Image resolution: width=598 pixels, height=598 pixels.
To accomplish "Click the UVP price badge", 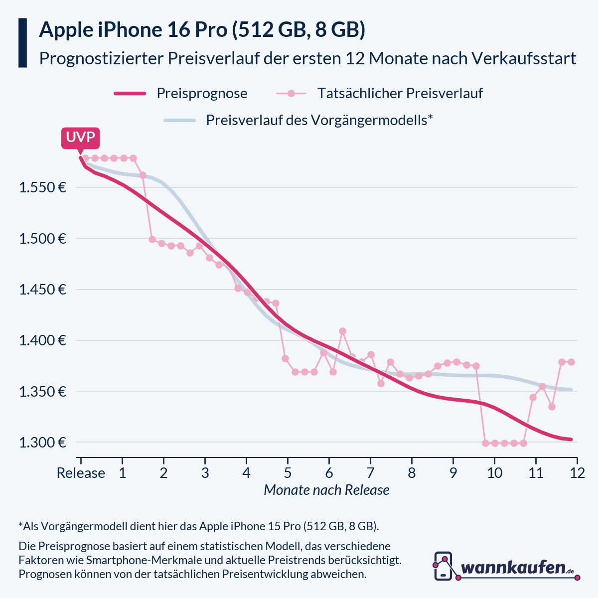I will pos(80,138).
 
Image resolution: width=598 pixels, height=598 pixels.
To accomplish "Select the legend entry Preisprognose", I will pos(202,93).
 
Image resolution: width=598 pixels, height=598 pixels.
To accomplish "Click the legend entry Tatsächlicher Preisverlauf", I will pos(400,93).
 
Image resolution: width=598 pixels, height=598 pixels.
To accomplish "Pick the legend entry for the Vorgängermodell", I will pos(319,120).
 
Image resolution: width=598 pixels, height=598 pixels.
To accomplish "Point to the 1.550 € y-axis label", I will pos(42,188).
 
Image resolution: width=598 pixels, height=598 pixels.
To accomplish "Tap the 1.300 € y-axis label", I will pos(42,443).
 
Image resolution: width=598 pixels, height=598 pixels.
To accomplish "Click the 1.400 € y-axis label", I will pos(42,341).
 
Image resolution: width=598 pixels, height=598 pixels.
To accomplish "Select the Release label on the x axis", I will pos(81,473).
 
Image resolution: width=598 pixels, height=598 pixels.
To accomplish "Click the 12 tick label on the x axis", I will pos(577,473).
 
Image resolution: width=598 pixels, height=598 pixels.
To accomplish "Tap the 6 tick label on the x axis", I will pos(329,473).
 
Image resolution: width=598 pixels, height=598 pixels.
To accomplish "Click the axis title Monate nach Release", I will pos(326,490).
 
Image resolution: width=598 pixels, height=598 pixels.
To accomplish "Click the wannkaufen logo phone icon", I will pos(444,566).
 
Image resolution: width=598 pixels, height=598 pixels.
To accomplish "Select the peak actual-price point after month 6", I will pos(342,331).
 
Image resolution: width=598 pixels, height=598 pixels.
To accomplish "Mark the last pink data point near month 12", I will pos(571,362).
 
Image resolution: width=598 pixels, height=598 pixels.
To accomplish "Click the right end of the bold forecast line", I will pos(571,439).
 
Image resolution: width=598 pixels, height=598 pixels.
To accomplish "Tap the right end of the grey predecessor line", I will pos(571,390).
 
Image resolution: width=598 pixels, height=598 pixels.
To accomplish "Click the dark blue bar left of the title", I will pos(22,43).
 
